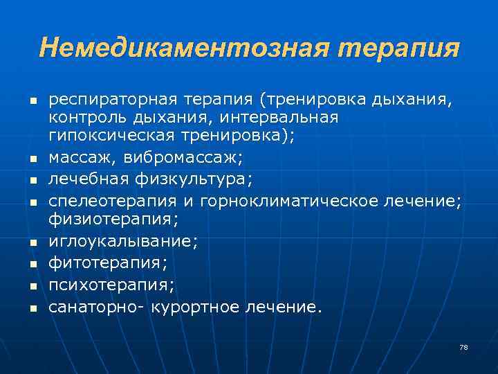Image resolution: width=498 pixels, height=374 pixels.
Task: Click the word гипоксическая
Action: [x=115, y=136]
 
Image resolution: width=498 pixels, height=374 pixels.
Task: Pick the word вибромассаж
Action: [x=183, y=158]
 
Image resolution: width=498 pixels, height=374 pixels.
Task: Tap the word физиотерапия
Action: [x=113, y=220]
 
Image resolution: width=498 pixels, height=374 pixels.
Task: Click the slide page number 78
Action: [x=463, y=346]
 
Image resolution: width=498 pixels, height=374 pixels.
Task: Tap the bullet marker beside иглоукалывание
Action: [x=33, y=242]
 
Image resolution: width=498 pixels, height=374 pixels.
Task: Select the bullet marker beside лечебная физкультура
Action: [x=33, y=181]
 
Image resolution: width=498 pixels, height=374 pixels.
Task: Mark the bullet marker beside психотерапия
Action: [x=33, y=285]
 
